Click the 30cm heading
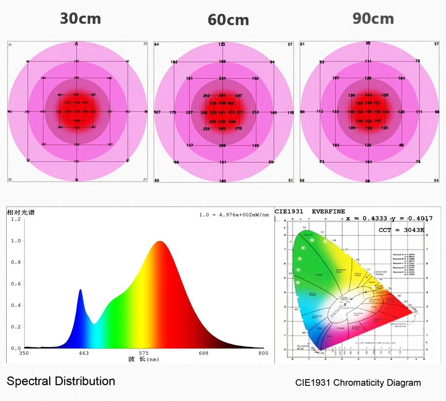[80, 19]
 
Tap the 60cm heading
[228, 20]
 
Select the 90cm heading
[373, 19]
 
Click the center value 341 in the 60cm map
[222, 112]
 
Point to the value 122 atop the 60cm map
[222, 45]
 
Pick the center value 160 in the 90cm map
[368, 112]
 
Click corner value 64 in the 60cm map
[157, 45]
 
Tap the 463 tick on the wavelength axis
[83, 353]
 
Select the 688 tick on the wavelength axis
[203, 353]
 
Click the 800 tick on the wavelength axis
[264, 353]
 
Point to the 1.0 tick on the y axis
[16, 241]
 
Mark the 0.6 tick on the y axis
[16, 284]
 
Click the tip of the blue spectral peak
[80, 289]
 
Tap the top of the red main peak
[159, 241]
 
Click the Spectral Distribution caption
[61, 381]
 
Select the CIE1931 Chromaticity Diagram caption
[358, 383]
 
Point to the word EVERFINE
[328, 211]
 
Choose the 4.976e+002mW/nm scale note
[234, 215]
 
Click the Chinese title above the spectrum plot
[21, 213]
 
